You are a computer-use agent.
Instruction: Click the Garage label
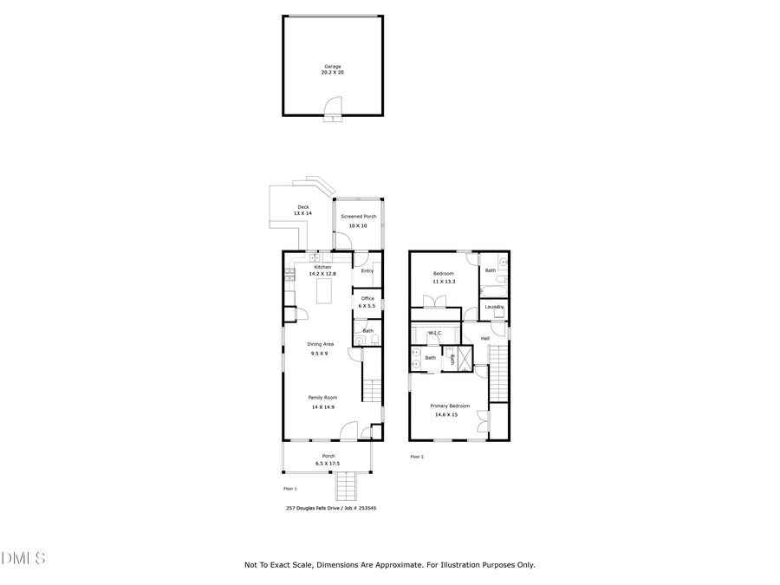[x=333, y=66]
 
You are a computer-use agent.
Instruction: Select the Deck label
[x=303, y=206]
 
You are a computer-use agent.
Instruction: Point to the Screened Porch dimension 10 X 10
[x=358, y=225]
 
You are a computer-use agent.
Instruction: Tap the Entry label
[x=367, y=270]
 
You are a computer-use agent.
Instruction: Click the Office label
[x=367, y=298]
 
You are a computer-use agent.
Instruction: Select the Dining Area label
[x=320, y=344]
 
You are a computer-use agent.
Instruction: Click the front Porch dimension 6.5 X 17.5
[x=328, y=464]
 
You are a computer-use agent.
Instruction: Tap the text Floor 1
[x=290, y=489]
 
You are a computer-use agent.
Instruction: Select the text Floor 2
[x=417, y=456]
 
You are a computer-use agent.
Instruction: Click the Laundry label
[x=494, y=306]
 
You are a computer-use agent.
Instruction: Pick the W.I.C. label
[x=435, y=332]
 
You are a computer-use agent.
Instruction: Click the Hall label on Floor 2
[x=485, y=338]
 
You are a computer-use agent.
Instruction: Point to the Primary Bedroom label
[x=450, y=406]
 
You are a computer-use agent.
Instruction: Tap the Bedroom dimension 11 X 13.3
[x=444, y=282]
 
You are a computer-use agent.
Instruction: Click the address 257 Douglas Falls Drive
[x=315, y=508]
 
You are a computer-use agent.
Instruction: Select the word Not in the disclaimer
[x=251, y=564]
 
